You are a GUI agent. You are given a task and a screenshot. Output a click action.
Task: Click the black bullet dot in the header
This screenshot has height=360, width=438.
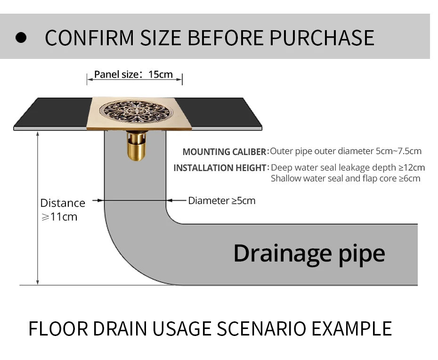[x=21, y=38]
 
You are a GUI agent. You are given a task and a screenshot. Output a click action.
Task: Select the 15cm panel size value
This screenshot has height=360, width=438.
[x=161, y=74]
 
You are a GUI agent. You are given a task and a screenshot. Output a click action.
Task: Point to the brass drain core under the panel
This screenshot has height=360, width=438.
[x=136, y=147]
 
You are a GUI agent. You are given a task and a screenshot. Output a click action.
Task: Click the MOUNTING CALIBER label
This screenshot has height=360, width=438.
[x=225, y=152]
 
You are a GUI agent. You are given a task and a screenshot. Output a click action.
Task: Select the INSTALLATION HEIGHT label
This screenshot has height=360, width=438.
[x=220, y=168]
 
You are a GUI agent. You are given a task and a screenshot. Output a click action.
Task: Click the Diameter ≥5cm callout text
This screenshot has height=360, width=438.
[x=222, y=201]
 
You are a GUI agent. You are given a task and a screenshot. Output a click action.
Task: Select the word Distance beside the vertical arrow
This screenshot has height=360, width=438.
[x=63, y=203]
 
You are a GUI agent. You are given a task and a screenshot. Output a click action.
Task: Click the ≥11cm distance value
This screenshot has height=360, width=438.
[x=59, y=217]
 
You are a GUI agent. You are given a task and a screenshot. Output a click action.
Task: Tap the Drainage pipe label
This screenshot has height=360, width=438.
[x=309, y=253]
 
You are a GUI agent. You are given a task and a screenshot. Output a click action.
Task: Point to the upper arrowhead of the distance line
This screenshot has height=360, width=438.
[x=38, y=134]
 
